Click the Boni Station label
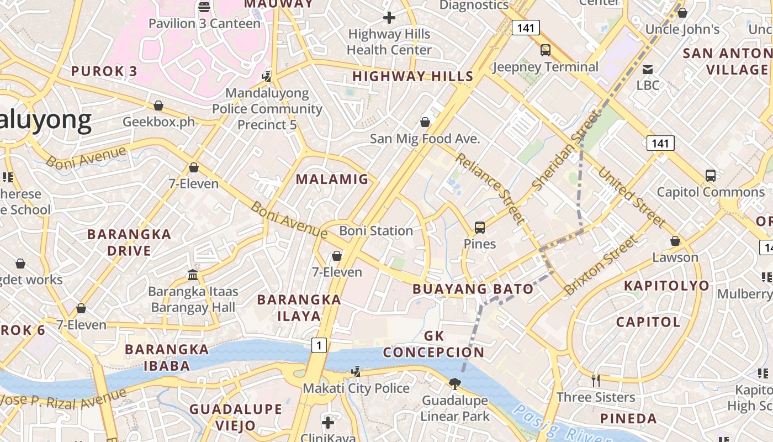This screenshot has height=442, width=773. pos(376,231)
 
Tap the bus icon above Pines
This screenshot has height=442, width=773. pos(479,227)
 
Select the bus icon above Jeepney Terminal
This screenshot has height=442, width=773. pos(546,50)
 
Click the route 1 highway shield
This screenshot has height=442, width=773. pos(319,345)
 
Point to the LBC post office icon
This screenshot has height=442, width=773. pos(648,70)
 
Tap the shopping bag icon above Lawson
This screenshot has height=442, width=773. pos(675,241)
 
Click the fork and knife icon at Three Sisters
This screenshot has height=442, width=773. pos(596,380)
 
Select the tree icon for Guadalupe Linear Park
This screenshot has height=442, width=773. pos(455,383)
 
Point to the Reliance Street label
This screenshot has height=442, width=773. pos(490,188)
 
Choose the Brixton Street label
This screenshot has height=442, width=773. pos(601,265)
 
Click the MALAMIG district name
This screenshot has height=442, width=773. pos(332,179)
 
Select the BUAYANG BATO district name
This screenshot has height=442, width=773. pos(473,289)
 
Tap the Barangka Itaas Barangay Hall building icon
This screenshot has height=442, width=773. pos(193,275)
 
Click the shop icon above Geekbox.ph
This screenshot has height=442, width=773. pos(158,105)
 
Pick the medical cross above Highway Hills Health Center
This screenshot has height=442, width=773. pos(389,18)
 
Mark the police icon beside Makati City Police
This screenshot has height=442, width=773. pos(356,371)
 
